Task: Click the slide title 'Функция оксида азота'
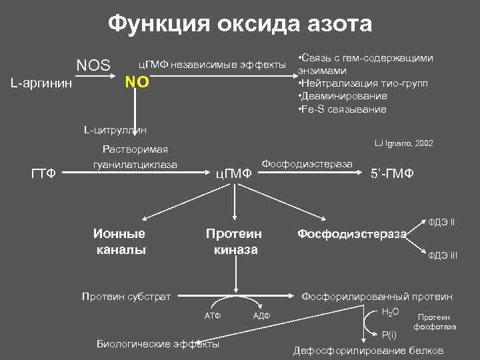tap(240, 24)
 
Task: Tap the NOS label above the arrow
tap(93, 65)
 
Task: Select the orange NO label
tap(138, 84)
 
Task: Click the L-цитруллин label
tap(115, 129)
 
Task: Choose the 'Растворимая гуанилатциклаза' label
tap(135, 157)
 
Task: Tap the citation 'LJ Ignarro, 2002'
tap(404, 144)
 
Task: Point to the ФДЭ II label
tap(441, 221)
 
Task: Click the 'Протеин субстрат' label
tap(125, 295)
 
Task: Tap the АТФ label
tap(212, 315)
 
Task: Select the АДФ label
tap(261, 315)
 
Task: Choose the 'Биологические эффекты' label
tap(158, 344)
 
